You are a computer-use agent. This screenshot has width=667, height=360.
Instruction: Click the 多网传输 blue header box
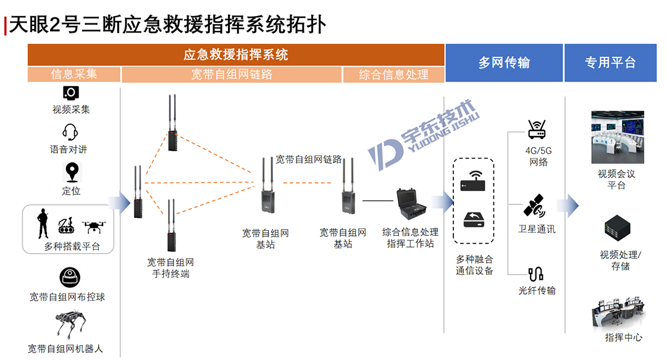(x=504, y=62)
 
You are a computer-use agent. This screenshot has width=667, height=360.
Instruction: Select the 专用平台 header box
(x=610, y=62)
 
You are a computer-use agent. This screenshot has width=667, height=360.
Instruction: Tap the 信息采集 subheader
(x=74, y=74)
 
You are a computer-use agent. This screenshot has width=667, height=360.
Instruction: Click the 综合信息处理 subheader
(x=393, y=74)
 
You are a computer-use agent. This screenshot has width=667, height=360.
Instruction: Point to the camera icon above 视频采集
(x=71, y=93)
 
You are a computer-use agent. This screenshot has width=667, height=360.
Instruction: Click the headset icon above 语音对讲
(x=70, y=132)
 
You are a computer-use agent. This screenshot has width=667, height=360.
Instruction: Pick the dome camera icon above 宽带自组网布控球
(x=70, y=277)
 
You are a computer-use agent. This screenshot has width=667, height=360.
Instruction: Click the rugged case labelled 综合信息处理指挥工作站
(x=411, y=207)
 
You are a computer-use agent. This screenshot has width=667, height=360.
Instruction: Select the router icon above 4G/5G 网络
(x=536, y=130)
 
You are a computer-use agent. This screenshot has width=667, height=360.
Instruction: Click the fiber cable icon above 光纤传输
(x=535, y=274)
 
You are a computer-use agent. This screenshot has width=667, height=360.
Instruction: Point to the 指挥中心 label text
(x=623, y=337)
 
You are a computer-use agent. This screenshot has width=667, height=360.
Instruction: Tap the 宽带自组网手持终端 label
(x=170, y=268)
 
